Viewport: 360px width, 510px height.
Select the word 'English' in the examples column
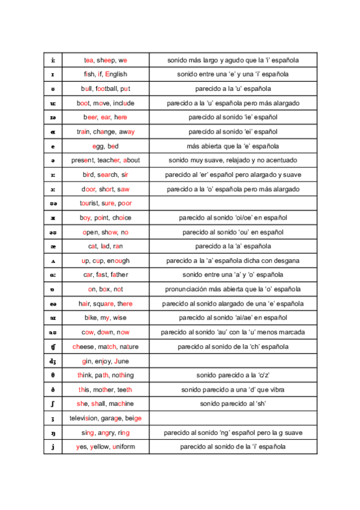[116, 75]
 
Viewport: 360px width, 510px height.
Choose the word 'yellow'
[99, 447]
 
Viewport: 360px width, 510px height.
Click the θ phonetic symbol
[53, 375]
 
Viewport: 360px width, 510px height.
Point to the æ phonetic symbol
[53, 247]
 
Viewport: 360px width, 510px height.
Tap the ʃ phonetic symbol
[53, 404]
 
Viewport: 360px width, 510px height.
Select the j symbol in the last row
[53, 447]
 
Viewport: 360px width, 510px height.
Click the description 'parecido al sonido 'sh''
[233, 404]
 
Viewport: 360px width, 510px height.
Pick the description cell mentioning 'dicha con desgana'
[233, 261]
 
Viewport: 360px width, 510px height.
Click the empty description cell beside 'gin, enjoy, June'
[233, 361]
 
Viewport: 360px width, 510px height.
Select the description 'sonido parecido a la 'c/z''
[233, 375]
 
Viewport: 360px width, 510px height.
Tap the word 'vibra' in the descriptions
[277, 390]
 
